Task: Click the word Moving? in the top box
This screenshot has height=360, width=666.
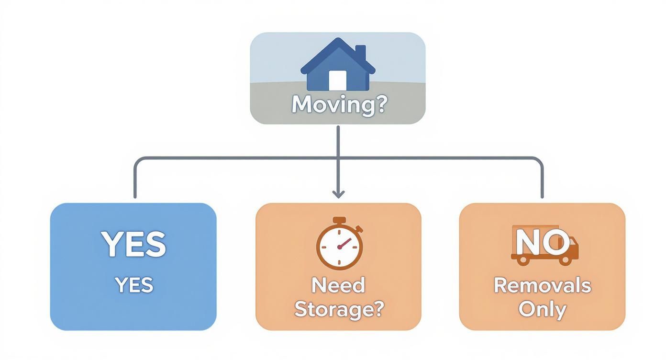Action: [338, 104]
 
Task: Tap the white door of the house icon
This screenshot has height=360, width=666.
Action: [337, 80]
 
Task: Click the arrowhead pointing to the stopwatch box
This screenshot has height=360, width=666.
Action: [338, 193]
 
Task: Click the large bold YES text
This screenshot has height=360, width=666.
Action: [133, 244]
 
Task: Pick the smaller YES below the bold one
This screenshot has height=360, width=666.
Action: [134, 285]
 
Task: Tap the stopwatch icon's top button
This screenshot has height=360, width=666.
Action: [339, 221]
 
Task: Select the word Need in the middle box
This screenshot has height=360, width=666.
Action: [338, 285]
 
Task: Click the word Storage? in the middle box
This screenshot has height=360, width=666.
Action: [339, 309]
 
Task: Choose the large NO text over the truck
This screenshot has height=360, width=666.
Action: [542, 242]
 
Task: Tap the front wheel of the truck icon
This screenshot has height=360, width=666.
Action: [566, 260]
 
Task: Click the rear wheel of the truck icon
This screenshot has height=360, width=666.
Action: [523, 260]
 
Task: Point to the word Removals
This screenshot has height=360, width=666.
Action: [542, 285]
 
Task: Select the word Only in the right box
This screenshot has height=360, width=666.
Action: [542, 309]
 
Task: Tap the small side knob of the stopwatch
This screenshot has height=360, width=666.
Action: [359, 229]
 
